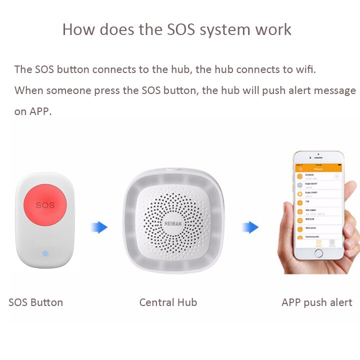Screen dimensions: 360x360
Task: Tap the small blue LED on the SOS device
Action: coord(45,253)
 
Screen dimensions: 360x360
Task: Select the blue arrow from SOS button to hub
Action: coord(99,227)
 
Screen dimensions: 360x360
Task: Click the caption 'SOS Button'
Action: coord(36,302)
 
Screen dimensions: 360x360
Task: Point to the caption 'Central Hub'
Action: coord(168,302)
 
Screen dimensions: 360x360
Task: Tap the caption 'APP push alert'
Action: coord(317,302)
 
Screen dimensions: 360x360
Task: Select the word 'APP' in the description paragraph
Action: coord(39,111)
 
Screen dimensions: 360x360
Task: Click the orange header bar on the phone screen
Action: coord(318,169)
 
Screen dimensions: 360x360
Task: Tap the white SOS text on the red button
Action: coord(45,205)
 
